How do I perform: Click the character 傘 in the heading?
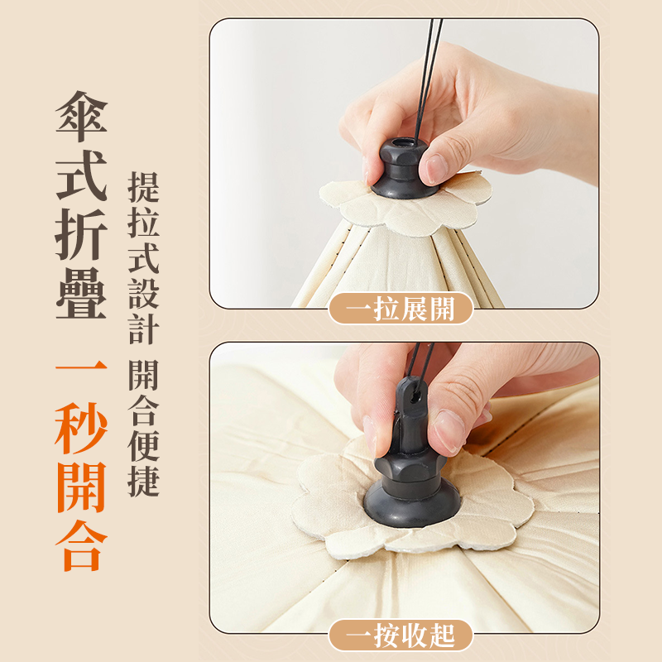81,116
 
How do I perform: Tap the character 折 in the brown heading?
81,234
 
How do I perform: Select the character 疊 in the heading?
81,293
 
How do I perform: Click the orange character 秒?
81,428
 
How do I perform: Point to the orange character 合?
81,545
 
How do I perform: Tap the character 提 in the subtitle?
143,187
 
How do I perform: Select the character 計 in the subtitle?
143,329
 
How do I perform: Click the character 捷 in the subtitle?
143,481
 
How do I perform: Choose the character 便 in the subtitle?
143,445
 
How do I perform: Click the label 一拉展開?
401,309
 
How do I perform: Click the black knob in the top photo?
402,168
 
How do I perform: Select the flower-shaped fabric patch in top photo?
405,203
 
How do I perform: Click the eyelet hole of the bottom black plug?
416,397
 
